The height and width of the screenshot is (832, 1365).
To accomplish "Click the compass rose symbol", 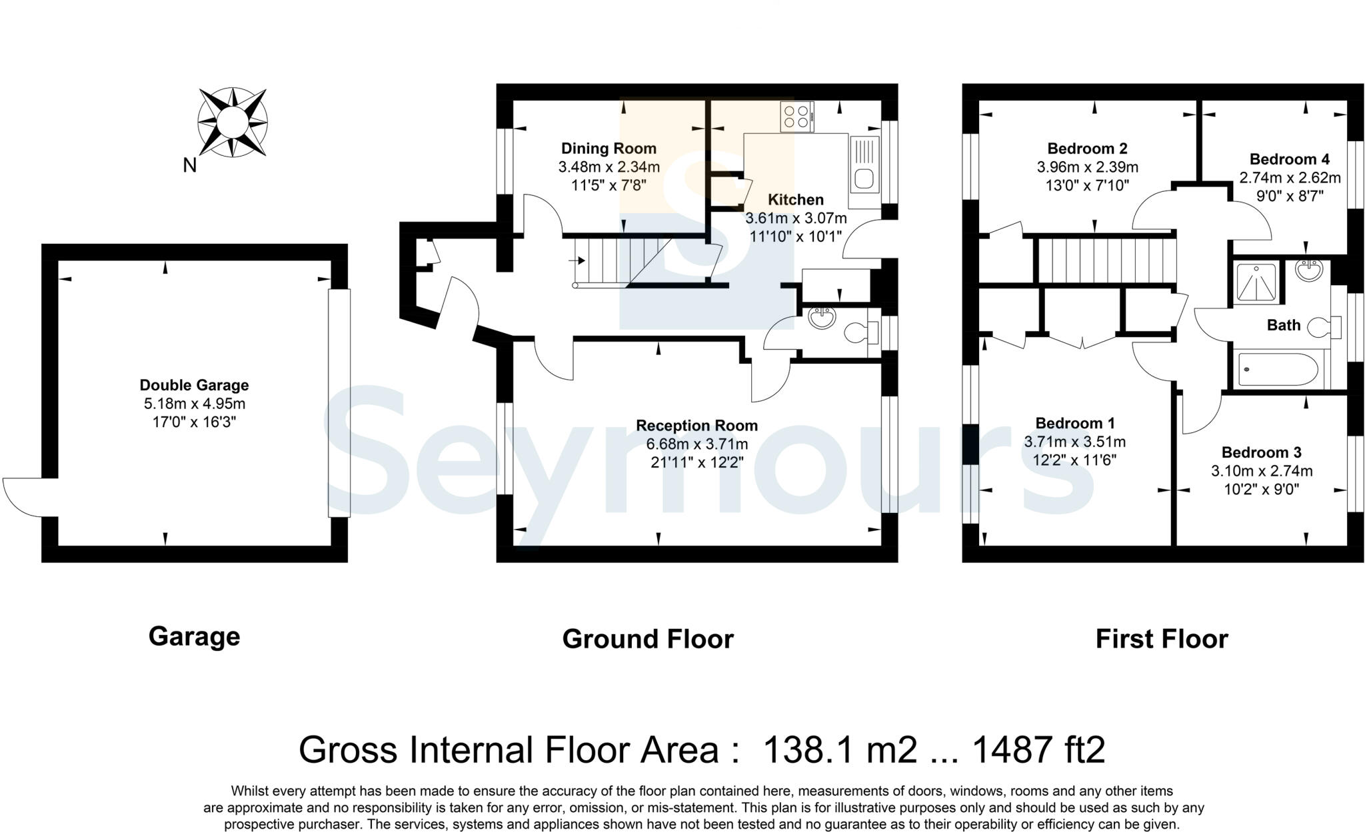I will click(x=232, y=123).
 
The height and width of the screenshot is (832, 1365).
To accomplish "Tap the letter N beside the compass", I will click(x=190, y=165).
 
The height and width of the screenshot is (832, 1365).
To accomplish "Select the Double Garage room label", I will click(x=194, y=385).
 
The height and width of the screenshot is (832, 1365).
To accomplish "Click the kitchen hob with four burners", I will click(x=797, y=117).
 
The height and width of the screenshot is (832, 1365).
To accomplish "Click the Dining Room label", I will click(x=609, y=149).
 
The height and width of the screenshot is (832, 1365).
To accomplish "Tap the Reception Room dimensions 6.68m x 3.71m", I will click(x=696, y=444).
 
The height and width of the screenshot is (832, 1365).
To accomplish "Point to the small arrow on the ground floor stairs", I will click(x=577, y=260).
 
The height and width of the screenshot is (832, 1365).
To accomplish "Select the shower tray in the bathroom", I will click(x=1256, y=282).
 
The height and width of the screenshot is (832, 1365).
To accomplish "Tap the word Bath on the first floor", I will click(x=1283, y=325).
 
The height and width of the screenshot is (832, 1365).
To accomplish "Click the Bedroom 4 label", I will click(x=1289, y=159).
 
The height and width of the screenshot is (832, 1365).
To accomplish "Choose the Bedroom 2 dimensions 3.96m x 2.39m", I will click(x=1087, y=167).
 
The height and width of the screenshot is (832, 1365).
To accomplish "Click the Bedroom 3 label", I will click(x=1261, y=452).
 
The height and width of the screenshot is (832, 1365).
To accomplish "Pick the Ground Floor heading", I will click(x=647, y=639).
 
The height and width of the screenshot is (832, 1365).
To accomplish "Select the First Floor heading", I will click(x=1161, y=639).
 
